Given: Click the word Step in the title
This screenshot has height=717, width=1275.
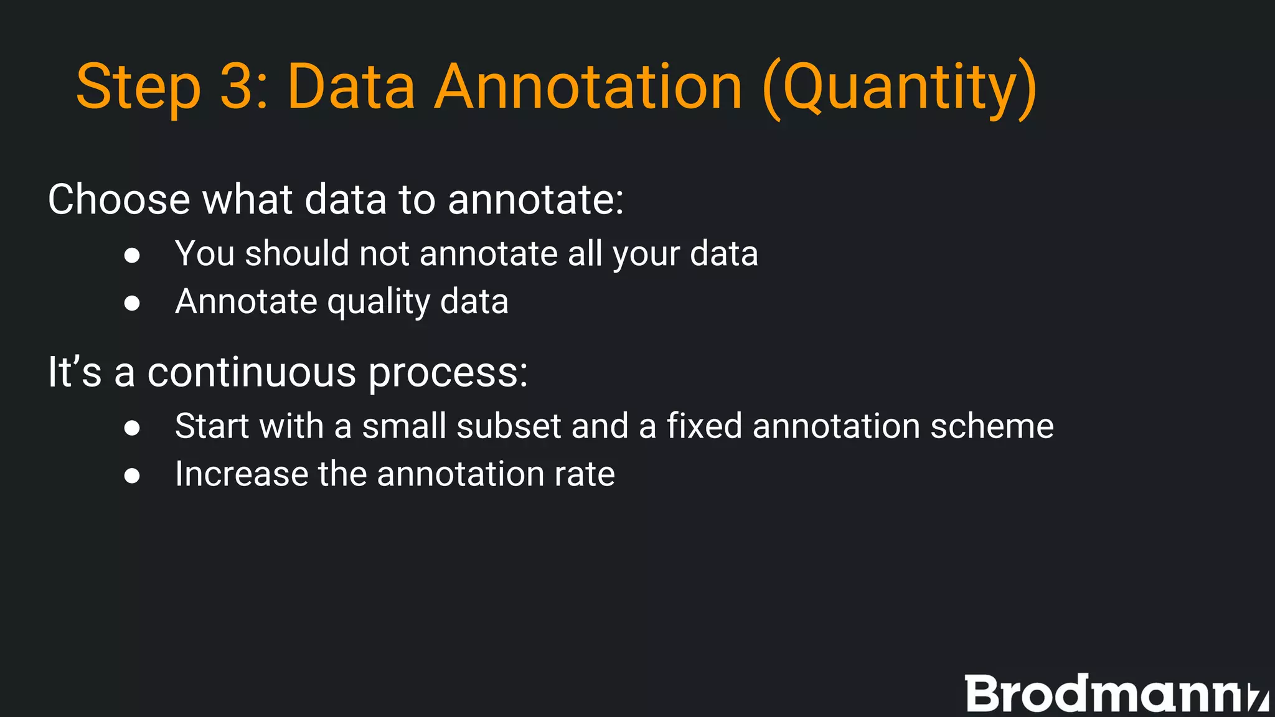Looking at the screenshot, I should click(x=138, y=87).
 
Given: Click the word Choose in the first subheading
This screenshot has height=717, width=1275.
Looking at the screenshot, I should click(x=119, y=200).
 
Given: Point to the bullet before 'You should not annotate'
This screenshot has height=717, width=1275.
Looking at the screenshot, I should click(x=131, y=255).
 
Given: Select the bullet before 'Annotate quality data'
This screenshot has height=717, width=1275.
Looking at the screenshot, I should click(x=131, y=303).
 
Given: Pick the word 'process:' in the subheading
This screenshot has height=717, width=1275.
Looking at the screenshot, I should click(x=448, y=373).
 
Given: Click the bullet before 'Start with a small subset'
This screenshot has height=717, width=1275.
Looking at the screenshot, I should click(x=131, y=428).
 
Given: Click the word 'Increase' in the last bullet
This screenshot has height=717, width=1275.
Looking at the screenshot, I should click(x=241, y=474).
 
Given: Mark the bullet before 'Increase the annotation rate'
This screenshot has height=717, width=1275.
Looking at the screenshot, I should click(x=131, y=476).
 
